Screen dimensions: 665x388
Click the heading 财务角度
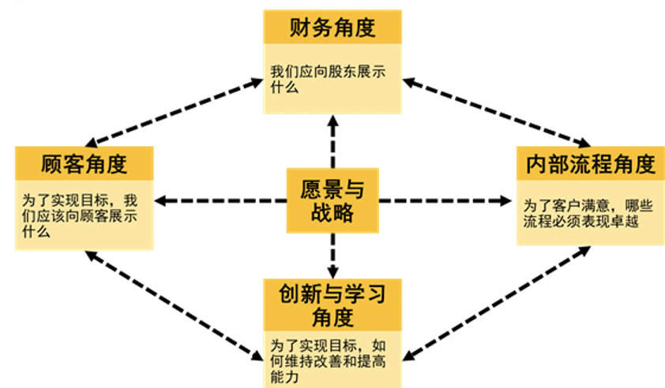[x=332, y=28]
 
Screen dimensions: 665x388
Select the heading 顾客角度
[x=84, y=164]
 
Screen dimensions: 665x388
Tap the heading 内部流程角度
[x=591, y=164]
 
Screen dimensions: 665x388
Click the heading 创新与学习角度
[x=332, y=305]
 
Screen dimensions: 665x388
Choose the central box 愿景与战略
[x=332, y=200]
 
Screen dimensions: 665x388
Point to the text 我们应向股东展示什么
[x=329, y=79]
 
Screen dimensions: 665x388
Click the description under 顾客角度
[x=80, y=215]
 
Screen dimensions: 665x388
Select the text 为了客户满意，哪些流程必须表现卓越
[x=588, y=213]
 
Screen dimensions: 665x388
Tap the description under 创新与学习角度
[x=329, y=361]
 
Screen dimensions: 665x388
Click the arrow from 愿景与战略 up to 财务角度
[x=333, y=141]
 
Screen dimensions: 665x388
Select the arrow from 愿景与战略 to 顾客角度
[x=220, y=201]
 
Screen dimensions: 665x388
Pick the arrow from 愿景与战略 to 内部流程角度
[x=445, y=201]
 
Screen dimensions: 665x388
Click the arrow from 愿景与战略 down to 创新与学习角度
[x=333, y=256]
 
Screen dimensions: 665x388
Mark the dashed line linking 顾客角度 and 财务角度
[x=174, y=112]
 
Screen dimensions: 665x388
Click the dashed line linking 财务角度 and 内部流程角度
[x=496, y=112]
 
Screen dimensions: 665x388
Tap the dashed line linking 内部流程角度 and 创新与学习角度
[x=496, y=304]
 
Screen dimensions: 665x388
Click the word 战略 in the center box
[x=332, y=212]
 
